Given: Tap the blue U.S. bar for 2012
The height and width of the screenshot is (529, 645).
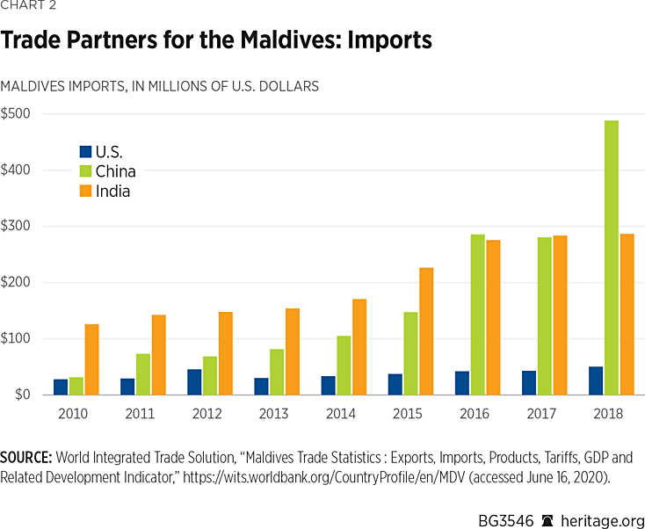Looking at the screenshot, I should [194, 382].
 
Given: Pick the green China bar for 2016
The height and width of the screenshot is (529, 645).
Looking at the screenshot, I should [479, 315].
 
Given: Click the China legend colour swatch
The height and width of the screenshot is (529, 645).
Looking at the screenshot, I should [85, 171].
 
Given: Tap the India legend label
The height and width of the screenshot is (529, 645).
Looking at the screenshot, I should [112, 191].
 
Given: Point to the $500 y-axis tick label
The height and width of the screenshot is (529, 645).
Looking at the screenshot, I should [16, 113].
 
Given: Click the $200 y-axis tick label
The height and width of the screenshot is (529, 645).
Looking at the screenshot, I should [16, 282].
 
